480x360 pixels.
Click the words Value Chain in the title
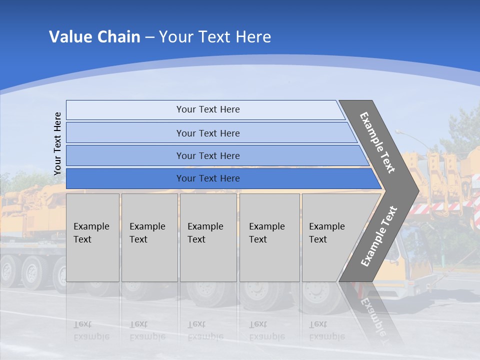pos(94,37)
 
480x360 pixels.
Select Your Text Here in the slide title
pos(215,37)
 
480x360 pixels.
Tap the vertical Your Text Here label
pos(57,143)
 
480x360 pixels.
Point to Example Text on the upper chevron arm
pos(377,142)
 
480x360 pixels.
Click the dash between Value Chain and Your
pos(149,37)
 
